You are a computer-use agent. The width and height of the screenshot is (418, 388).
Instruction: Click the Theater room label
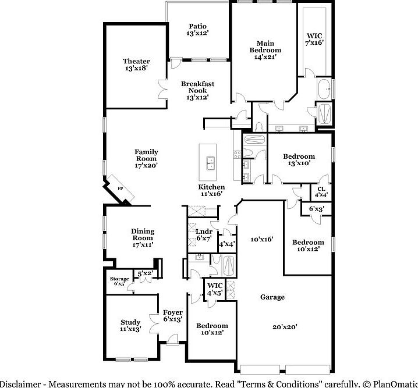(x=136, y=65)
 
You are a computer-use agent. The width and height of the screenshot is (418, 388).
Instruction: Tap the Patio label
(x=198, y=30)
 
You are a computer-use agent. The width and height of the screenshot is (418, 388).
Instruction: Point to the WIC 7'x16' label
(x=315, y=39)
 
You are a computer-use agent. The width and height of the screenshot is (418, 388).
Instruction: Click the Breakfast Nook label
(x=197, y=90)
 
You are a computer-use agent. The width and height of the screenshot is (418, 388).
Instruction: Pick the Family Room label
(x=147, y=159)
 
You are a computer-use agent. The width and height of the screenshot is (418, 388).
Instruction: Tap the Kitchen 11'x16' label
(x=211, y=190)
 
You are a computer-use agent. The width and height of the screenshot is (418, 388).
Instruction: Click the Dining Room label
(x=142, y=238)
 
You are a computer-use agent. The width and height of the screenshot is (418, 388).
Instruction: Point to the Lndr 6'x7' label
(x=203, y=235)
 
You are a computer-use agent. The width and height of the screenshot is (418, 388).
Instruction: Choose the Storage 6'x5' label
(x=120, y=282)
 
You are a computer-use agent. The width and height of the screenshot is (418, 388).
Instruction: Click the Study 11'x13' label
(x=131, y=326)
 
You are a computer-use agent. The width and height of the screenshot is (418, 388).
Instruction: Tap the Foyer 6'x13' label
(x=173, y=316)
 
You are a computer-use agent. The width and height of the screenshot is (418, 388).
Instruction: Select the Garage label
(x=272, y=297)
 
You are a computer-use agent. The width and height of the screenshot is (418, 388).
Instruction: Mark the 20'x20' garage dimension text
(x=285, y=327)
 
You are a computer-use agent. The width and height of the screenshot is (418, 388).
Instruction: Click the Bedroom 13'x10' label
(x=299, y=160)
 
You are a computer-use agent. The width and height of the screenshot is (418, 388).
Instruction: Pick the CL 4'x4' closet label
(x=321, y=192)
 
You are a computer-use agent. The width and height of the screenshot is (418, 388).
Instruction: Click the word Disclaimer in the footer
(x=22, y=384)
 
